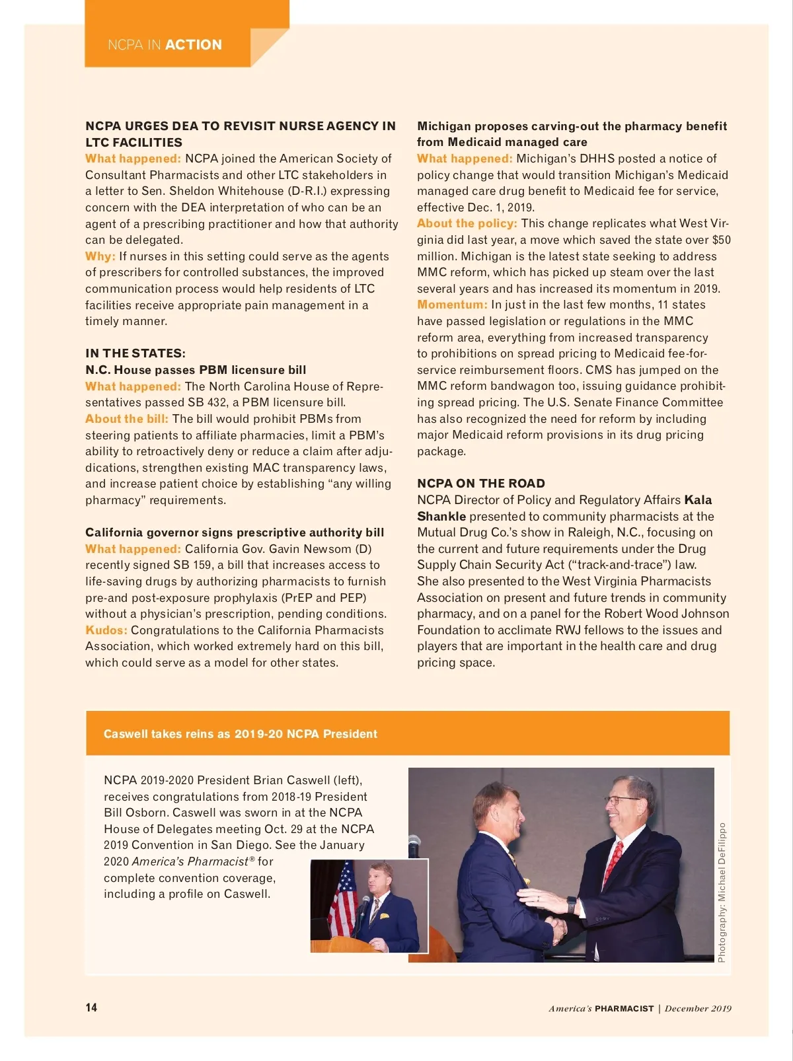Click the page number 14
91,1007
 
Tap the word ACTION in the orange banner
194,45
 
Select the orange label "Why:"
100,256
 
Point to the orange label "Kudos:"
106,630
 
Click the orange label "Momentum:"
452,305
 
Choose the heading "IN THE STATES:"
135,353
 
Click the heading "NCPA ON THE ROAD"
481,484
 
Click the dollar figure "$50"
721,240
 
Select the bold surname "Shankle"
441,517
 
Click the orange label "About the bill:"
127,419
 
